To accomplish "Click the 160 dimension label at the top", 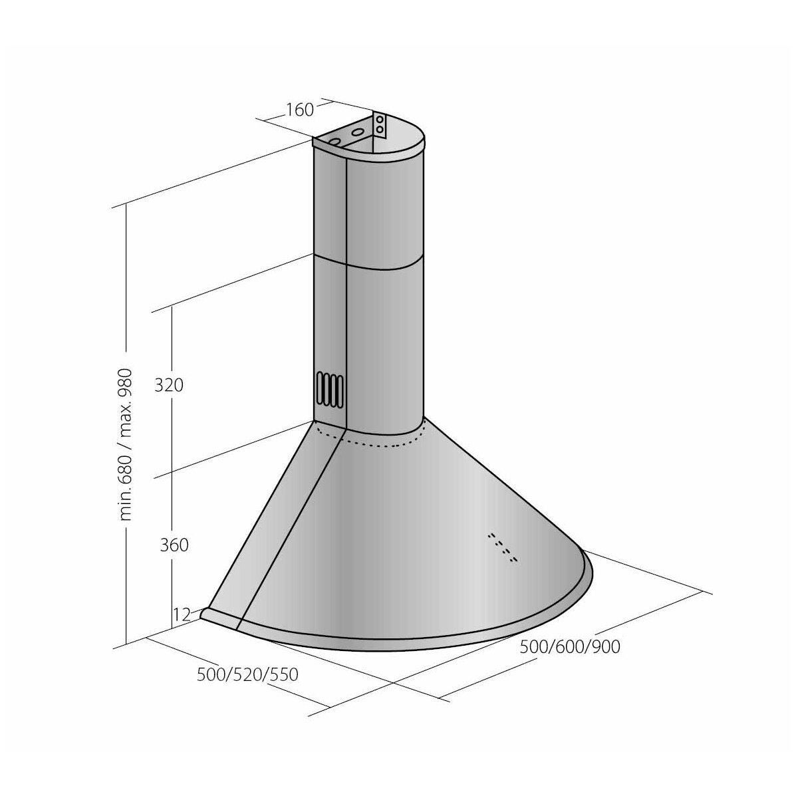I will click(x=299, y=110).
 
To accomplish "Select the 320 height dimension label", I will click(x=168, y=385).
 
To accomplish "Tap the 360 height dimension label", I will click(x=174, y=545).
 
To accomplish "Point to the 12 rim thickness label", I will click(x=181, y=615).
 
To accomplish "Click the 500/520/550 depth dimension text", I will click(x=247, y=674).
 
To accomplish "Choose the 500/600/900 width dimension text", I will click(x=570, y=646).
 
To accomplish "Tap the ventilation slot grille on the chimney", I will click(x=331, y=388).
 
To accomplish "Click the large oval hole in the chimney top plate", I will click(x=358, y=132).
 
